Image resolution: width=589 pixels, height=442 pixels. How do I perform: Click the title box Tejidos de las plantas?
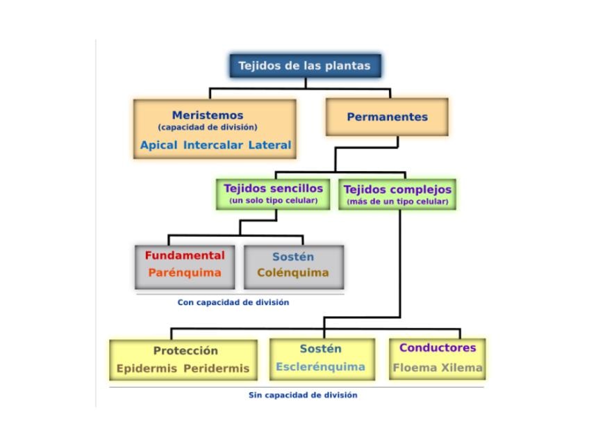click(306, 66)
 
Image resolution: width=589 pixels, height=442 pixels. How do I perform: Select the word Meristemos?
click(208, 115)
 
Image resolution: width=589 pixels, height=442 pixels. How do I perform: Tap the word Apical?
click(158, 145)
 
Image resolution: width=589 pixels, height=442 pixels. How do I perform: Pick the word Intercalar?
click(213, 145)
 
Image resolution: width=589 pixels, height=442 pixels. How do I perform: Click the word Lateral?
click(269, 145)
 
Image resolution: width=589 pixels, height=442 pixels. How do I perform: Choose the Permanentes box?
click(388, 117)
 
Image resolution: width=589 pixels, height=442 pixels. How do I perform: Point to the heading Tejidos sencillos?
click(274, 188)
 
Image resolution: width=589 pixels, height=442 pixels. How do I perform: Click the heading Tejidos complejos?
click(397, 190)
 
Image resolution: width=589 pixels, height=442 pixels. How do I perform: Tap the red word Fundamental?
click(185, 256)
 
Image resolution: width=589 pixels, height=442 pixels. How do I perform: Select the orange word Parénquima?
click(185, 272)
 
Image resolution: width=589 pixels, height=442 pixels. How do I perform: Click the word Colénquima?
click(293, 272)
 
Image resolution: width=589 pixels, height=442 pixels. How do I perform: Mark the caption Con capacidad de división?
click(233, 302)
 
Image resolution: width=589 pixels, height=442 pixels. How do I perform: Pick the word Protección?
click(185, 351)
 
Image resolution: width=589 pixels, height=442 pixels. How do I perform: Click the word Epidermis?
click(147, 368)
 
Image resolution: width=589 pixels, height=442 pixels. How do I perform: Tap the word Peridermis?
click(217, 368)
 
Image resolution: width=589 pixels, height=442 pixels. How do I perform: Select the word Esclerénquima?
click(320, 366)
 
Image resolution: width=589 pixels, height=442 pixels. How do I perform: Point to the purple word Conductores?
click(438, 347)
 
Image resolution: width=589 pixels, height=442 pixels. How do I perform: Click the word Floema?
click(415, 367)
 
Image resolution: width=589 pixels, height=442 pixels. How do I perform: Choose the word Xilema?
click(462, 367)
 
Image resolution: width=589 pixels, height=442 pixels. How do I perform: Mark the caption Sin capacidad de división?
click(303, 395)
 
